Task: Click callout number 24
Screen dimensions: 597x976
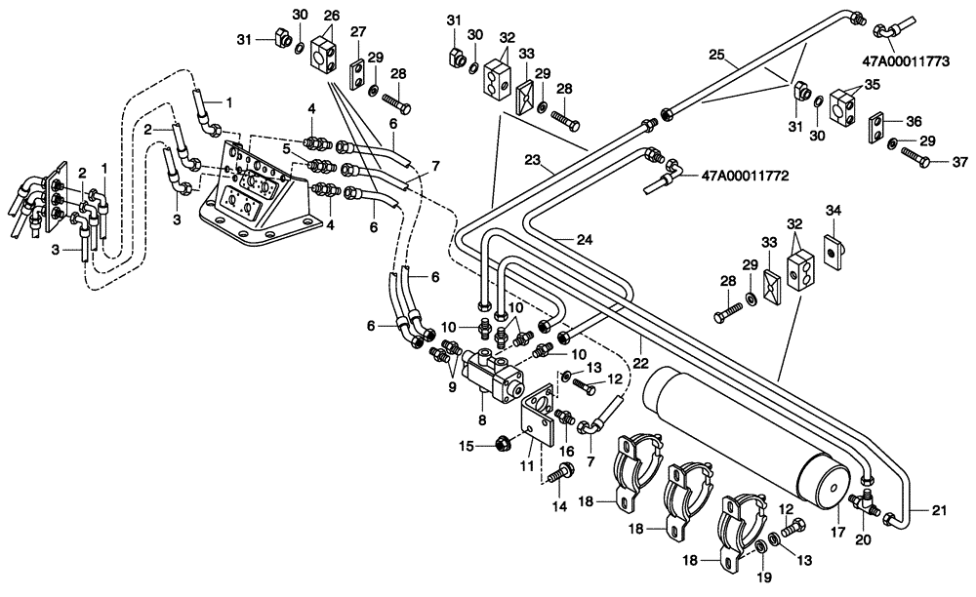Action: pos(584,239)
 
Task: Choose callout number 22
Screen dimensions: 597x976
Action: pos(639,363)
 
